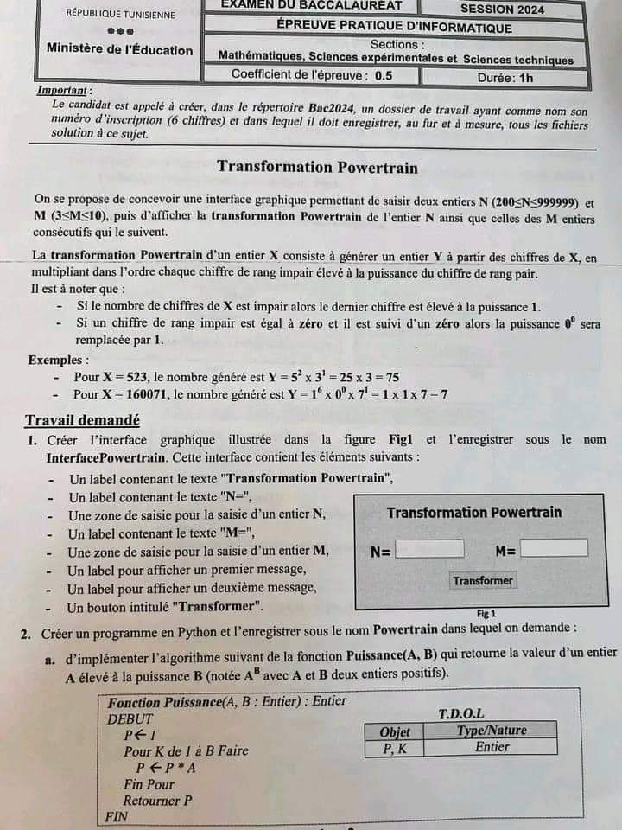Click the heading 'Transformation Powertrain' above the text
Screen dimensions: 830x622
(x=317, y=167)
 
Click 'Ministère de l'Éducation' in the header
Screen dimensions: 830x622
(x=120, y=50)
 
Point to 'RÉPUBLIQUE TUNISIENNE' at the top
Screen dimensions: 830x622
(x=119, y=15)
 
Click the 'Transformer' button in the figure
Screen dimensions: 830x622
(x=483, y=581)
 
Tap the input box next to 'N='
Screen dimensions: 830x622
(x=429, y=549)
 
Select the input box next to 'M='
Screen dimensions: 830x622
(x=554, y=548)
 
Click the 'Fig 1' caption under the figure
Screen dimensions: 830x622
(x=486, y=612)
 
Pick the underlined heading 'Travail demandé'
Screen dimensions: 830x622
(x=82, y=421)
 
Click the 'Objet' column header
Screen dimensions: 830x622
(x=395, y=731)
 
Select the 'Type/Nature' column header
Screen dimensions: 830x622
(x=491, y=731)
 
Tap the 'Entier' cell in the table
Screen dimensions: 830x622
(x=492, y=747)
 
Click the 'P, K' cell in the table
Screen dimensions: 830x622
(x=395, y=748)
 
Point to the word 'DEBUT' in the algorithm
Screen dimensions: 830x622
(x=130, y=718)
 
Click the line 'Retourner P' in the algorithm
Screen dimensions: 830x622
(x=157, y=801)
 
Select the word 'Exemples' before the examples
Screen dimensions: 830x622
(x=57, y=360)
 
